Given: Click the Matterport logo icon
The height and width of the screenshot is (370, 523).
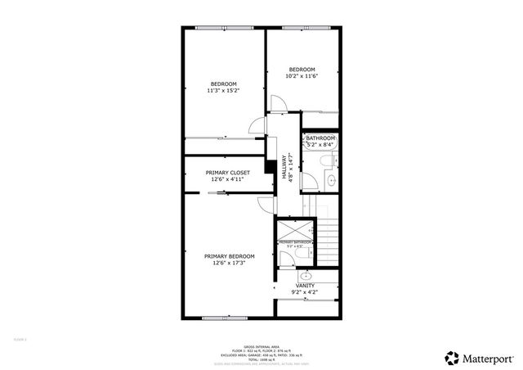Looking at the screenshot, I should (451, 357).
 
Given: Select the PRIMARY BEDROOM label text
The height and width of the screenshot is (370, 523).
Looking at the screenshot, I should (229, 256).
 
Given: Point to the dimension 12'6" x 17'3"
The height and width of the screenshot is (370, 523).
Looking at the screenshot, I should (229, 263).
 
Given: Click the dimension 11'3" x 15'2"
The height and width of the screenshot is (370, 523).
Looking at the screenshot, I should (223, 91).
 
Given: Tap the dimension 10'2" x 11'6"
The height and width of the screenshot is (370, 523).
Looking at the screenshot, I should (302, 76).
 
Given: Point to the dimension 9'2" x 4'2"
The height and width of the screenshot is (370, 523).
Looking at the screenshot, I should (305, 292).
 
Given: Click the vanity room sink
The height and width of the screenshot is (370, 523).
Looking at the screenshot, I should (306, 277).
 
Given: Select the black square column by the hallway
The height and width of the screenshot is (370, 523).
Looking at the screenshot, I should (267, 167).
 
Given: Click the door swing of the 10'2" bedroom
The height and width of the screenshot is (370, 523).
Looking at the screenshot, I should (277, 103).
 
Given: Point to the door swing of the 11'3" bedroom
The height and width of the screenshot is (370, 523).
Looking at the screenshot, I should (257, 125).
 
